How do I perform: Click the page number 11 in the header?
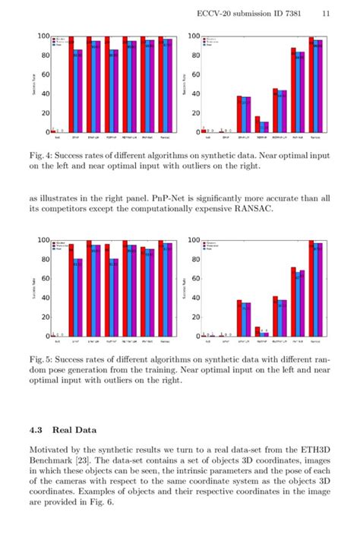pos(325,13)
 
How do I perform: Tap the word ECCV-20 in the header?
pos(214,13)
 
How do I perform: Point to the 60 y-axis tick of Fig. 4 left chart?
pos(43,74)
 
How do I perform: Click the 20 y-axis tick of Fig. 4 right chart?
pos(194,112)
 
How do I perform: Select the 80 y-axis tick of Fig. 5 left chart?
pos(43,259)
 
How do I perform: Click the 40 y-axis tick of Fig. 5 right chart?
pos(194,297)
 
